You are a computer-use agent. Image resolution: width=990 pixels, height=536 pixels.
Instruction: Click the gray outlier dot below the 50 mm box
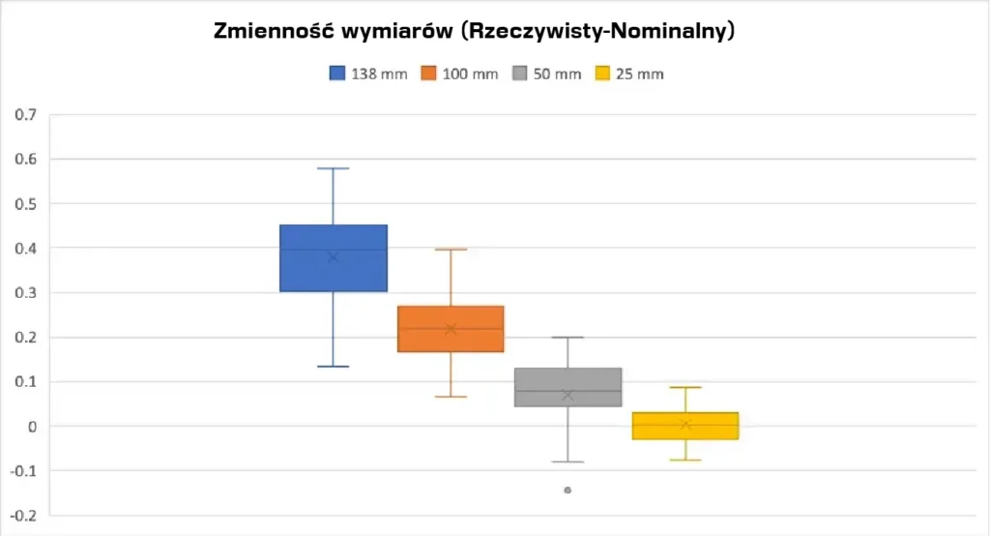coord(568,491)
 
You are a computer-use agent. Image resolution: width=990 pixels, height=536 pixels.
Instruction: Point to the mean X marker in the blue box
coord(334,256)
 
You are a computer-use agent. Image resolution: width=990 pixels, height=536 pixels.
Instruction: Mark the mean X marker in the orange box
coord(451,329)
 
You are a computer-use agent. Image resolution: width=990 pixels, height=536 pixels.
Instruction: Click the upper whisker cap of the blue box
coord(334,168)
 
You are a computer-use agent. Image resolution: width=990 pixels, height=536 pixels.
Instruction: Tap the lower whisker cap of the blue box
coord(334,367)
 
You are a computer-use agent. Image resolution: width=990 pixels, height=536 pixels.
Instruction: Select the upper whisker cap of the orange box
coord(451,250)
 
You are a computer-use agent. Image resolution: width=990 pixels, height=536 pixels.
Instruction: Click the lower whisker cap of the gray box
coord(568,462)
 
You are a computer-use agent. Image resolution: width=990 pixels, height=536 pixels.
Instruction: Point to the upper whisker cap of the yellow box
coord(685,388)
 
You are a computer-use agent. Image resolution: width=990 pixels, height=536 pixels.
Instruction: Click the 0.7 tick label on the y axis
coord(25,115)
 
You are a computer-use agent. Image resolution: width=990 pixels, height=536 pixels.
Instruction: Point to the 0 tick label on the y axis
coord(32,427)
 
